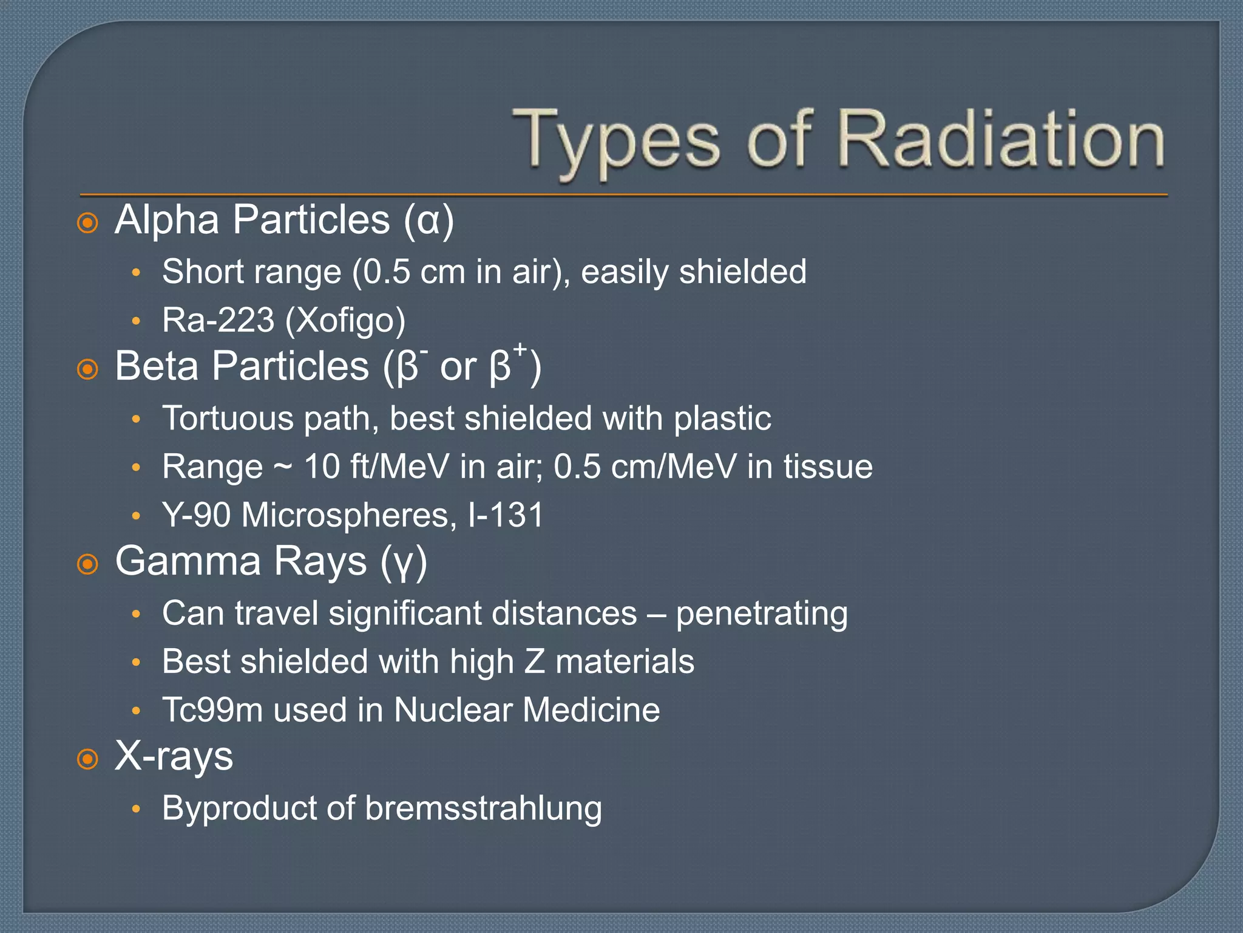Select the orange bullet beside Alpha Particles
(x=88, y=223)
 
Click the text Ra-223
(x=218, y=320)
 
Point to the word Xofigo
(x=345, y=320)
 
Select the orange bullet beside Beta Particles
(x=88, y=369)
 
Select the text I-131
(x=506, y=515)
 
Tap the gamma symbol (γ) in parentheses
(x=404, y=562)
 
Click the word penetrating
(x=762, y=613)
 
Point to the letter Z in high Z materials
(x=534, y=661)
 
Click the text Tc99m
(x=212, y=710)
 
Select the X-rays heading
(x=174, y=757)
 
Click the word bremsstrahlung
(x=483, y=808)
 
